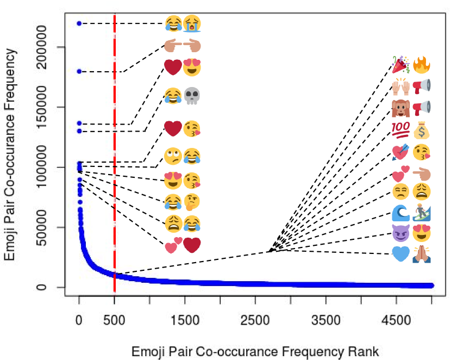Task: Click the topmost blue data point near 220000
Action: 79,23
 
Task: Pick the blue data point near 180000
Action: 79,71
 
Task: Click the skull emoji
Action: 192,97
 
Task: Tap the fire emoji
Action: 422,65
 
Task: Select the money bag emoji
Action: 422,131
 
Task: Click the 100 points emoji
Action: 400,131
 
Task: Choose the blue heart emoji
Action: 400,254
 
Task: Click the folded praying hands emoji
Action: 422,254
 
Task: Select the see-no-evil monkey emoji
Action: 400,108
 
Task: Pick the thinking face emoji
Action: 192,202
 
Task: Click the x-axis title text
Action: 255,350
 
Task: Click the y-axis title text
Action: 10,155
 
